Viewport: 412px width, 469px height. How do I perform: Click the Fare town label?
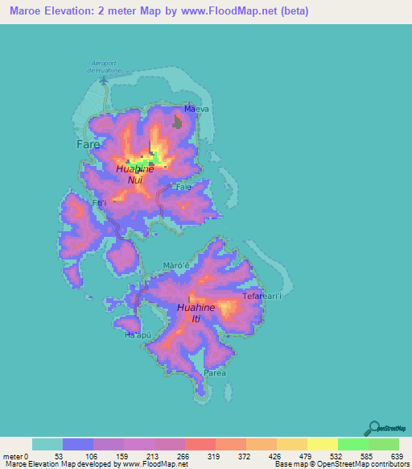click(x=88, y=144)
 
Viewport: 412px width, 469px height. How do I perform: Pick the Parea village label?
click(x=214, y=373)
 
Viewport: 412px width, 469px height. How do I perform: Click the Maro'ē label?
click(x=175, y=265)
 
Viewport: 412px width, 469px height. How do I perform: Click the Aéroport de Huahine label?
click(x=103, y=67)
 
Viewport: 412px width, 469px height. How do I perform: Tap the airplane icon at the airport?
click(x=103, y=80)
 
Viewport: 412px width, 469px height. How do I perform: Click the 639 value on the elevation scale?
click(x=394, y=456)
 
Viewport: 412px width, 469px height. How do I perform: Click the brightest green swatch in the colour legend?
click(x=352, y=444)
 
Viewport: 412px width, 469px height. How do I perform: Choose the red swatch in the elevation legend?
click(x=200, y=444)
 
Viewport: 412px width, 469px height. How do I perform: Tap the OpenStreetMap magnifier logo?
click(x=373, y=428)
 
